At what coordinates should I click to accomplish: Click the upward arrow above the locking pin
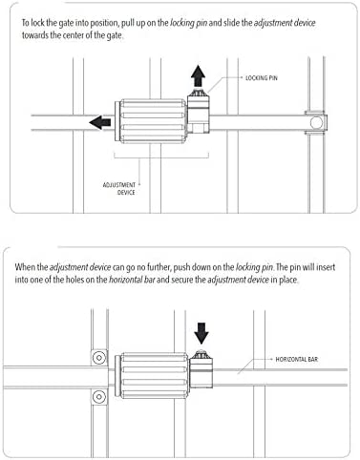pyautogui.click(x=198, y=75)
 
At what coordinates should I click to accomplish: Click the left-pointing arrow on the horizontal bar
pyautogui.click(x=100, y=122)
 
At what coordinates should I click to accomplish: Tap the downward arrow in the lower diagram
pyautogui.click(x=201, y=333)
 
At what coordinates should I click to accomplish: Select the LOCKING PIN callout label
pyautogui.click(x=262, y=78)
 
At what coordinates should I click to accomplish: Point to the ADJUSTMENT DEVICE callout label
pyautogui.click(x=119, y=189)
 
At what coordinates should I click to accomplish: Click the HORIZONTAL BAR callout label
pyautogui.click(x=297, y=359)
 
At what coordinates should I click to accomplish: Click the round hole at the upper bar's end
pyautogui.click(x=316, y=122)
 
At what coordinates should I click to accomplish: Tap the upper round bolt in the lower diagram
pyautogui.click(x=99, y=358)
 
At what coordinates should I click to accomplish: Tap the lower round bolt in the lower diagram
pyautogui.click(x=99, y=397)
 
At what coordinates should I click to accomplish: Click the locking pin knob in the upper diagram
pyautogui.click(x=198, y=94)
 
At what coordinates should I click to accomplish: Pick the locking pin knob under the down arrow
pyautogui.click(x=201, y=354)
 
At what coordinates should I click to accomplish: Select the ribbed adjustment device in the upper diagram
pyautogui.click(x=151, y=121)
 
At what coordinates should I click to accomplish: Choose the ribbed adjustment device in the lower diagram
pyautogui.click(x=152, y=375)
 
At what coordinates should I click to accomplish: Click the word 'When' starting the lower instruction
pyautogui.click(x=23, y=266)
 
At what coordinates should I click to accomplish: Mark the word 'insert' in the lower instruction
pyautogui.click(x=326, y=266)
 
